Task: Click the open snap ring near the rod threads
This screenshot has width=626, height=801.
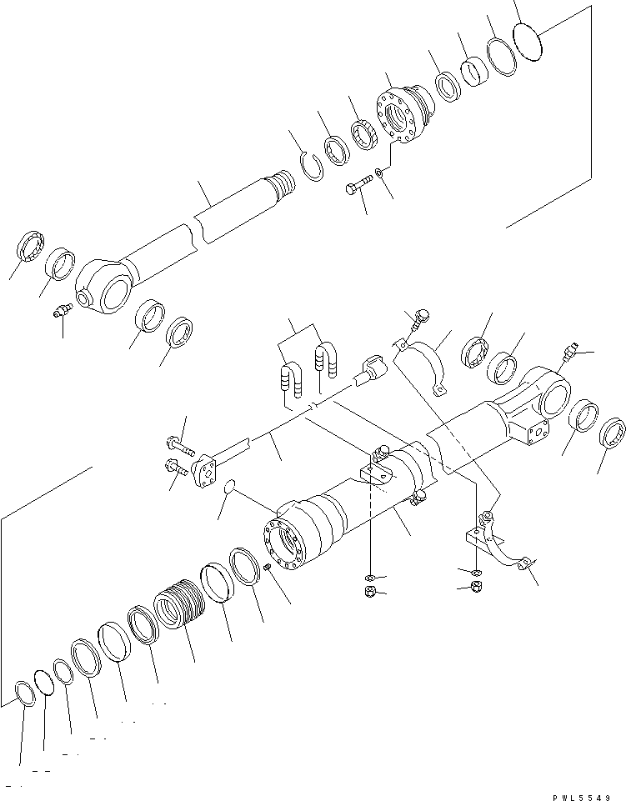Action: tap(311, 164)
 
